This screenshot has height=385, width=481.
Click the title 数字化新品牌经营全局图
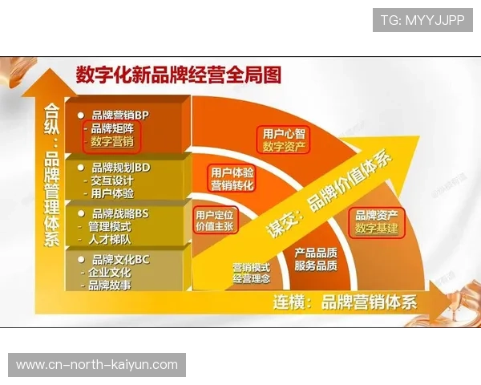click(x=178, y=75)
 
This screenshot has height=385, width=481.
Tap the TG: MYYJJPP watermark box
click(x=422, y=19)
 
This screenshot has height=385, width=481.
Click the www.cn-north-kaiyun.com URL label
click(x=96, y=365)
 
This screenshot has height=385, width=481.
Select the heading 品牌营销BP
click(x=120, y=115)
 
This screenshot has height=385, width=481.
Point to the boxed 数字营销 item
click(x=112, y=142)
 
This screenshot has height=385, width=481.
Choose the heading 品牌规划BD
click(x=120, y=168)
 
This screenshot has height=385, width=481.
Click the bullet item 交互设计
click(x=112, y=180)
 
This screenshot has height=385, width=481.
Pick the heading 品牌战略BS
click(x=120, y=213)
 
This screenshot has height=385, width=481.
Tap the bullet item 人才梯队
click(x=112, y=239)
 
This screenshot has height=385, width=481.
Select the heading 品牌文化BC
click(x=120, y=259)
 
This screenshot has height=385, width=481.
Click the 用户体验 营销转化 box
click(x=231, y=178)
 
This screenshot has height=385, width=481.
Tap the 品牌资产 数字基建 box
click(x=377, y=222)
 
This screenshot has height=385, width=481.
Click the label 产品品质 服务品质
click(x=314, y=258)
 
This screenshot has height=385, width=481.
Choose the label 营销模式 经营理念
click(x=251, y=273)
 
